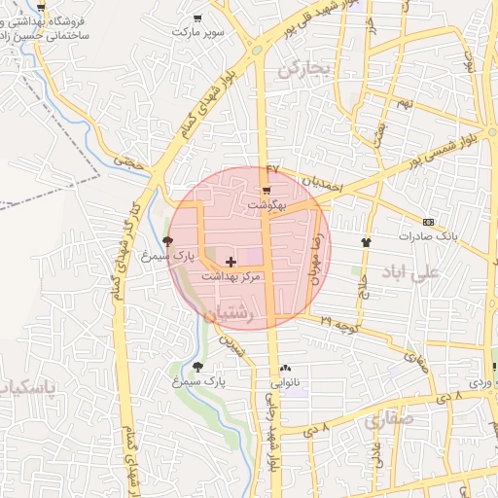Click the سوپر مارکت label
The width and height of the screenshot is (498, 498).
tap(198, 31)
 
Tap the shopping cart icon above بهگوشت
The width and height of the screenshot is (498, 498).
tap(267, 190)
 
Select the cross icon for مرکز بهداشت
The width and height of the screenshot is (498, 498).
tap(231, 262)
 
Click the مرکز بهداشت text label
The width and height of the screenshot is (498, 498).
tap(231, 276)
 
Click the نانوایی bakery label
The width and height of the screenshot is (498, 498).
tap(285, 383)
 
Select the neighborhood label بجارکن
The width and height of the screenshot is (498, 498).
tap(304, 68)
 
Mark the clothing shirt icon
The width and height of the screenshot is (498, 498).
tap(367, 242)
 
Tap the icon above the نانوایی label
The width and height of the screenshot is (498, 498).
tap(285, 369)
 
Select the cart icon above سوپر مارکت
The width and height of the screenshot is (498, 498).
tap(198, 18)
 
